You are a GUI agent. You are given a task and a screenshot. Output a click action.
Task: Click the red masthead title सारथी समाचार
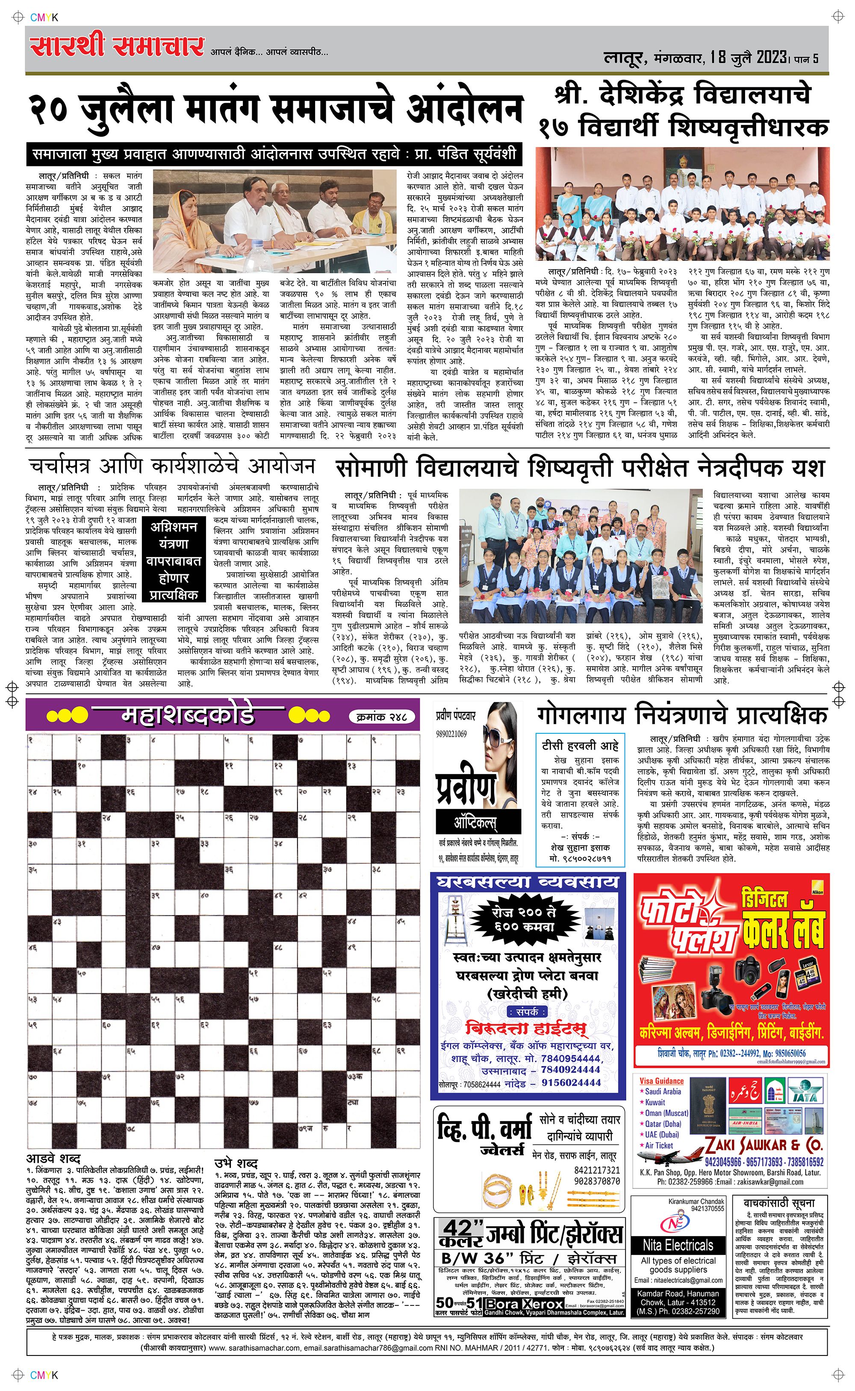pyautogui.click(x=117, y=46)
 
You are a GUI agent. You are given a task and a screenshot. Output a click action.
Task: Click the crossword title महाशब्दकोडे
pyautogui.click(x=188, y=716)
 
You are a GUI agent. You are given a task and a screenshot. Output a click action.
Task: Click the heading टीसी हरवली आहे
pyautogui.click(x=580, y=745)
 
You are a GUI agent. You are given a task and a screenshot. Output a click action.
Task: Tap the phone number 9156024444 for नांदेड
pyautogui.click(x=571, y=1082)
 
